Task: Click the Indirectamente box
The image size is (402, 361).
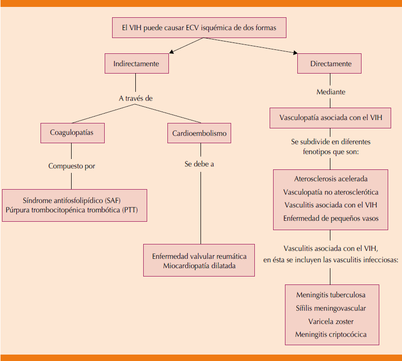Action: pyautogui.click(x=136, y=64)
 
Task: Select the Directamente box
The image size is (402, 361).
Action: pyautogui.click(x=330, y=64)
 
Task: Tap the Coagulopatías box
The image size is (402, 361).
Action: pyautogui.click(x=72, y=133)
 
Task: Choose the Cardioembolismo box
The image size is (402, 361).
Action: pyautogui.click(x=200, y=133)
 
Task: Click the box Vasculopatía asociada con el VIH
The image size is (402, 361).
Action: pyautogui.click(x=330, y=119)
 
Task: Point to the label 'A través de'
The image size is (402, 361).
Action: pyautogui.click(x=136, y=98)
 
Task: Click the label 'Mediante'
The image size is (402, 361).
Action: pyautogui.click(x=330, y=92)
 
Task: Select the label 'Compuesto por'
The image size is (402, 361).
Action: pyautogui.click(x=72, y=166)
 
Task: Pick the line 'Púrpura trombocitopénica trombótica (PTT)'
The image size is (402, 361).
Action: pyautogui.click(x=75, y=209)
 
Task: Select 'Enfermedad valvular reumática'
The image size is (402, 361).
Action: pyautogui.click(x=200, y=256)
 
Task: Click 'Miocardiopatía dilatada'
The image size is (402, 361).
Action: pyautogui.click(x=200, y=266)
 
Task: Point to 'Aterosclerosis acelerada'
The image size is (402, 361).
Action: pyautogui.click(x=330, y=179)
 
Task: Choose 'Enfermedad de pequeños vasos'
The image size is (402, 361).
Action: pyautogui.click(x=330, y=218)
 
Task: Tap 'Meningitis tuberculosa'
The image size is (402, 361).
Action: pyautogui.click(x=331, y=295)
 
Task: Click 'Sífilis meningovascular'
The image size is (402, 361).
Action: pyautogui.click(x=331, y=308)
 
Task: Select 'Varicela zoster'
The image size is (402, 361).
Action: pyautogui.click(x=331, y=321)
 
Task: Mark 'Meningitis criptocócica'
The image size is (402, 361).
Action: pyautogui.click(x=331, y=334)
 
